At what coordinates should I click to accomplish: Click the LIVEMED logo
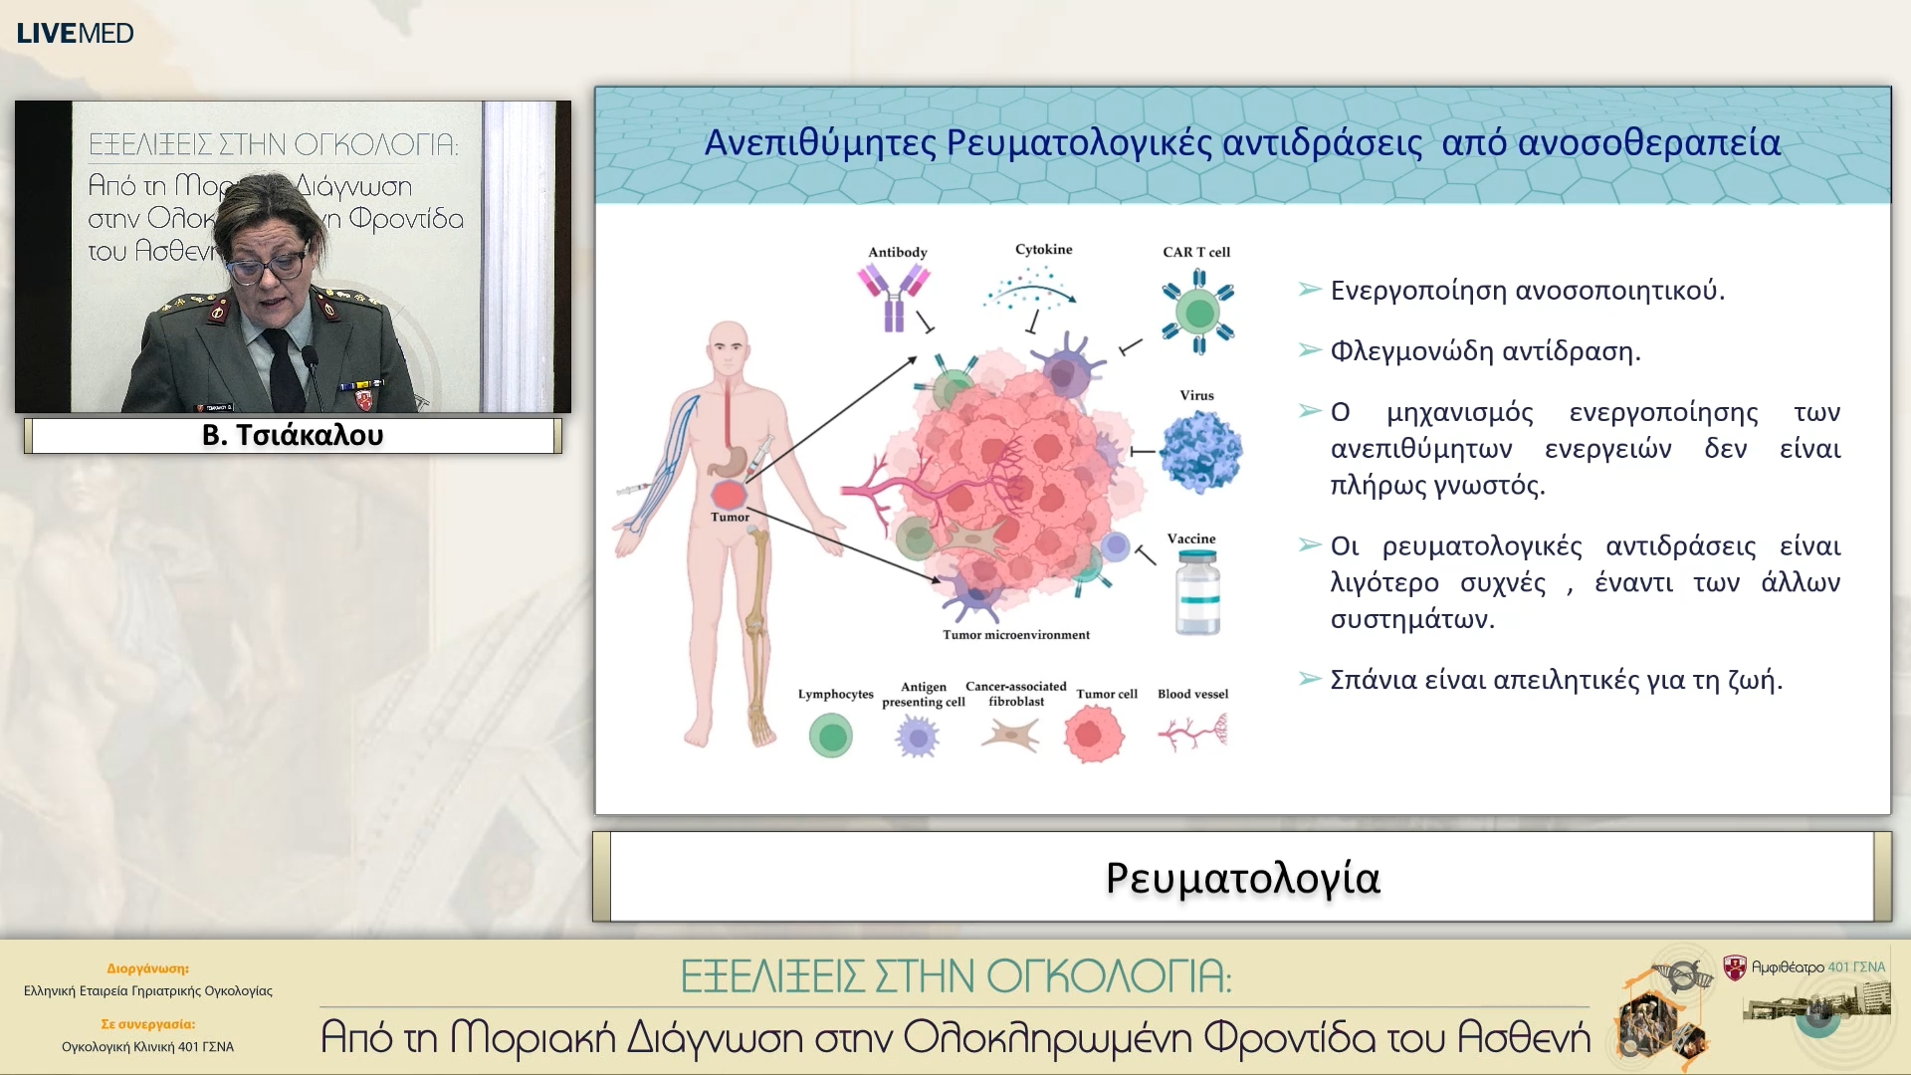(x=75, y=33)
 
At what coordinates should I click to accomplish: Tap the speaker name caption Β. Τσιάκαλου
(x=293, y=435)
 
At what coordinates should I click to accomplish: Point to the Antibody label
(x=897, y=252)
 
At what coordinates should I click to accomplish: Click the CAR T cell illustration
(x=1199, y=312)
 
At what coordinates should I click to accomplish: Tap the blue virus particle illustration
(x=1201, y=452)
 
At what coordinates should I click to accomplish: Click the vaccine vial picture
(x=1197, y=592)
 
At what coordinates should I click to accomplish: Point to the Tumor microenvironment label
(x=1016, y=635)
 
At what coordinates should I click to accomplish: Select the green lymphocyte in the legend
(x=831, y=737)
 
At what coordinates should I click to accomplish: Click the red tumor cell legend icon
(x=1094, y=735)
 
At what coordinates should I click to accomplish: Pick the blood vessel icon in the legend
(x=1192, y=734)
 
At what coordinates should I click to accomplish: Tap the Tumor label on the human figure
(x=730, y=518)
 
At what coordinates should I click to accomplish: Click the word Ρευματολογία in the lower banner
(x=1243, y=879)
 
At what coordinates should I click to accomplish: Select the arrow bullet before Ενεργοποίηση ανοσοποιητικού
(x=1310, y=290)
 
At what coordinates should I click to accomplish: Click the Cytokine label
(x=1044, y=250)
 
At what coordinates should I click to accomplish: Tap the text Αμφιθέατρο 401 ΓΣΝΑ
(x=1818, y=967)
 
